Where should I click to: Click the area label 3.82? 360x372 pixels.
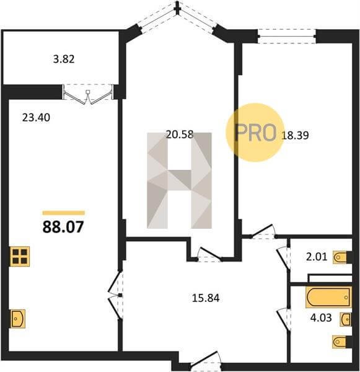[64, 59]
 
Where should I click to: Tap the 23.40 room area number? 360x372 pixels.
[36, 117]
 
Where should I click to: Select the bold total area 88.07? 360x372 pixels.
[63, 227]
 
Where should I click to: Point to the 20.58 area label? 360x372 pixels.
[180, 135]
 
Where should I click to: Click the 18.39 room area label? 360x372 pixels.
[295, 135]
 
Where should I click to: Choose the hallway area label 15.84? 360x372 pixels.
[206, 298]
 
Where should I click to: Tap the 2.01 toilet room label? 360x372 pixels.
[317, 257]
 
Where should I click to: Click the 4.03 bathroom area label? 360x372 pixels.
[321, 317]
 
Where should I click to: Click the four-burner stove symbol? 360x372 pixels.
[20, 257]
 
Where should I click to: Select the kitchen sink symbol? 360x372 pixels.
[18, 319]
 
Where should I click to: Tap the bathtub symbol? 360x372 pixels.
[328, 297]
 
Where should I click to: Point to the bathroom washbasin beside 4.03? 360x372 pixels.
[346, 319]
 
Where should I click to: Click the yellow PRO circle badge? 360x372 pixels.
[255, 133]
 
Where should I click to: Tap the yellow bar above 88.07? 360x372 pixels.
[64, 213]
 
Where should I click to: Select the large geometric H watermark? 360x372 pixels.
[179, 180]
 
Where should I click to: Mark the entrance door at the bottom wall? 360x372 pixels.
[206, 361]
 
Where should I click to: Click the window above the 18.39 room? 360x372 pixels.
[287, 36]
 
